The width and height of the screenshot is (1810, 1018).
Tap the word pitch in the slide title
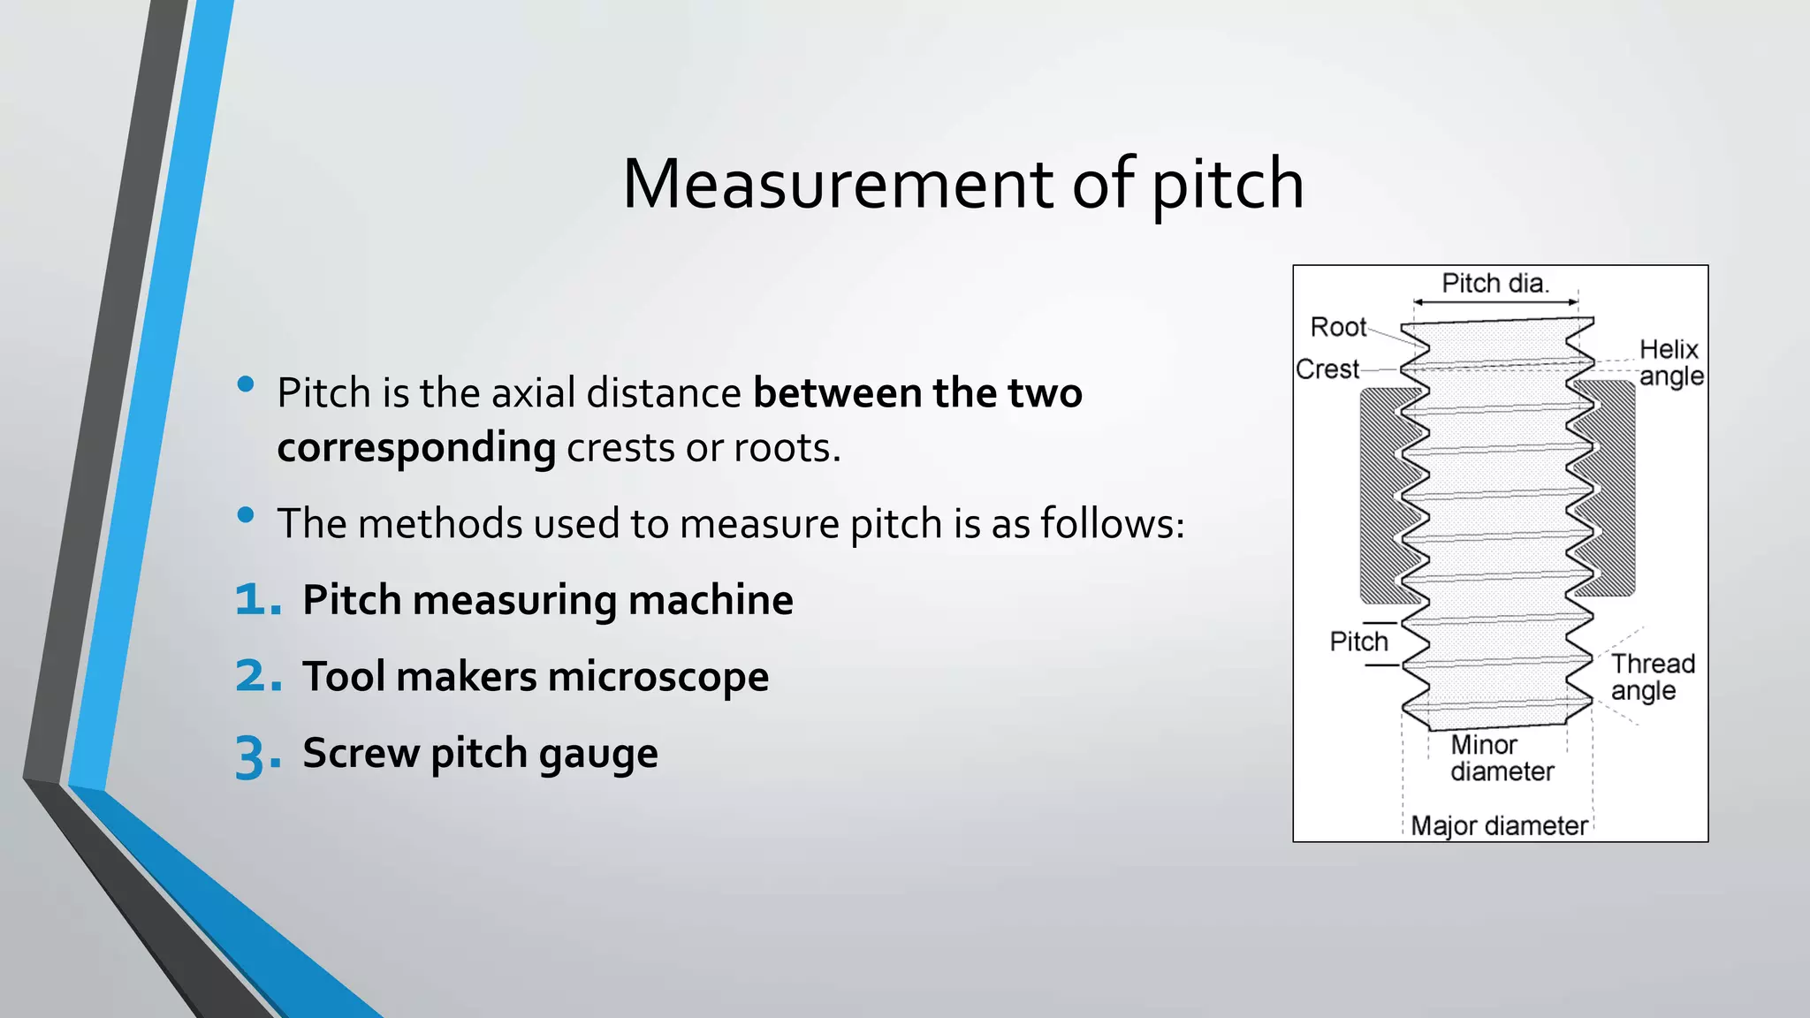[1228, 186]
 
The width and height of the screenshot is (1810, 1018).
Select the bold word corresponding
[416, 448]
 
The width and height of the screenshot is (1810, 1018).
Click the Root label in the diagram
[1338, 327]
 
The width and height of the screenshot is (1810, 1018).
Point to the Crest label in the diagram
[1327, 368]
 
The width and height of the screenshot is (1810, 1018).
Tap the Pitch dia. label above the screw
[1495, 283]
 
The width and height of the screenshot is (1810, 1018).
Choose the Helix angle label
[1669, 362]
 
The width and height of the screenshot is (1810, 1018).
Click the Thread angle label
[1652, 677]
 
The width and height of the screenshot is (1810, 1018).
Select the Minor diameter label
[1501, 758]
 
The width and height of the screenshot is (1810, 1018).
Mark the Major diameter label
[1499, 825]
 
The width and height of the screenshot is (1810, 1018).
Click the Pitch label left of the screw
[1358, 642]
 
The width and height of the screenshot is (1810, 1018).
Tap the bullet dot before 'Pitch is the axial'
[246, 384]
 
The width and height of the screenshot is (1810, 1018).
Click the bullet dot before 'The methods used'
[246, 515]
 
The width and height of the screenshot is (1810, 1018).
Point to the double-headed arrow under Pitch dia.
[1495, 302]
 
